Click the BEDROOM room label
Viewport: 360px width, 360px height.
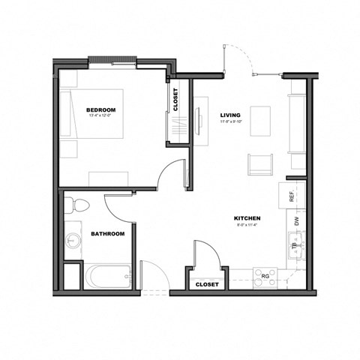point(101,111)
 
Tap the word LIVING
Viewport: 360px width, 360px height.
point(229,115)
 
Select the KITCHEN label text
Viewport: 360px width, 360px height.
point(247,218)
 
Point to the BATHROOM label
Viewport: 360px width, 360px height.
point(107,234)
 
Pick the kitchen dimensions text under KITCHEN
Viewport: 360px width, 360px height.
point(247,224)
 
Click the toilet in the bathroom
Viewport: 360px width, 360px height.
point(78,205)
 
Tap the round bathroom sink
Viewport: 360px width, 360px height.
point(73,241)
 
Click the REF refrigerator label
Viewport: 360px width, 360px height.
point(292,196)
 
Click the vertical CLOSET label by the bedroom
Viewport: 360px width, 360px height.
point(175,99)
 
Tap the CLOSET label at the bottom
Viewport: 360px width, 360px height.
point(206,285)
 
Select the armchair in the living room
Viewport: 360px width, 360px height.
point(260,163)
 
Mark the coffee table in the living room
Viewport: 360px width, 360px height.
point(260,120)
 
